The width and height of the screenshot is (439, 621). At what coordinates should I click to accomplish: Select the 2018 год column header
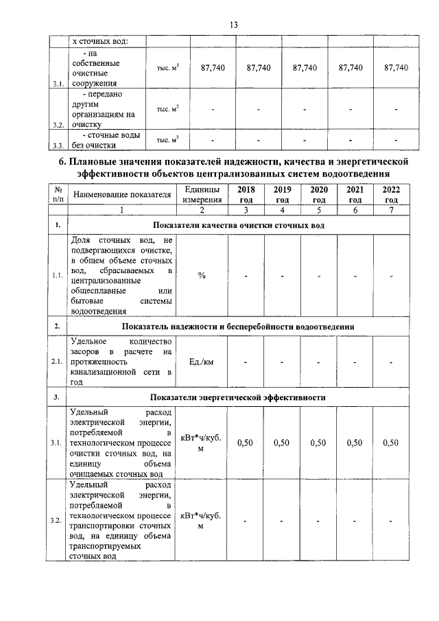point(245,195)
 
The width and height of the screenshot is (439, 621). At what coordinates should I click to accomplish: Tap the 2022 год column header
point(392,195)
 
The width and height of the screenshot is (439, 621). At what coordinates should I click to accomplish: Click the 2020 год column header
point(318,195)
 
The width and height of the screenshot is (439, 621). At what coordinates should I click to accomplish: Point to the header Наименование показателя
point(121,195)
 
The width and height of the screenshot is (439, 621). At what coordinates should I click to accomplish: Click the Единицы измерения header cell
point(202,195)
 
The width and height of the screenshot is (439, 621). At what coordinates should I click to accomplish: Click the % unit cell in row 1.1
point(202,275)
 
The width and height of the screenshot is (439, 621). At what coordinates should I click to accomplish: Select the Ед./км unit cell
point(202,362)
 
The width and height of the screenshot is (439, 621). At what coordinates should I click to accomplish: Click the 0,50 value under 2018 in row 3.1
point(245,443)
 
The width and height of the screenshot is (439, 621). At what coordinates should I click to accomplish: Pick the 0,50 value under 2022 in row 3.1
point(391,443)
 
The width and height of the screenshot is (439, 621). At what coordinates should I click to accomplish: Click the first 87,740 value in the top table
point(213,68)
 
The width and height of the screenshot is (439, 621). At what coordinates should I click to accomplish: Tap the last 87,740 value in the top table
point(396,68)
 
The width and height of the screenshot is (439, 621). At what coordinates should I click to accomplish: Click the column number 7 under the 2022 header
point(392,211)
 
